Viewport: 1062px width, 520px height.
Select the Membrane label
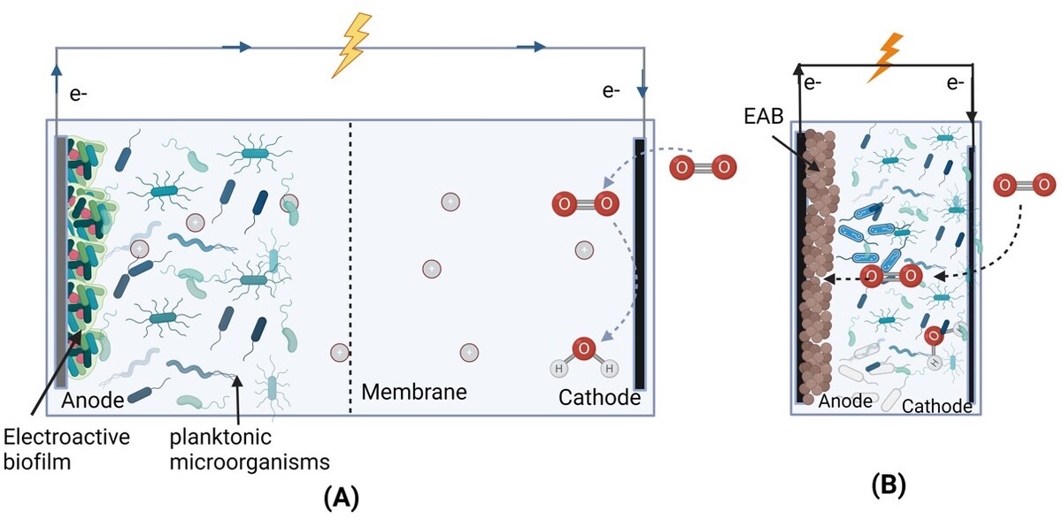413,390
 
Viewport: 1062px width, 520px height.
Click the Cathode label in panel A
599,397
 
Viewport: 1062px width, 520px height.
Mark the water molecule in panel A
583,355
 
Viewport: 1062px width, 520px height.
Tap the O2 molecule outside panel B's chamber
1025,186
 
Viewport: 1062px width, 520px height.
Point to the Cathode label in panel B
936,406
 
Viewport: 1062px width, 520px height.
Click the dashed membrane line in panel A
350,265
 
